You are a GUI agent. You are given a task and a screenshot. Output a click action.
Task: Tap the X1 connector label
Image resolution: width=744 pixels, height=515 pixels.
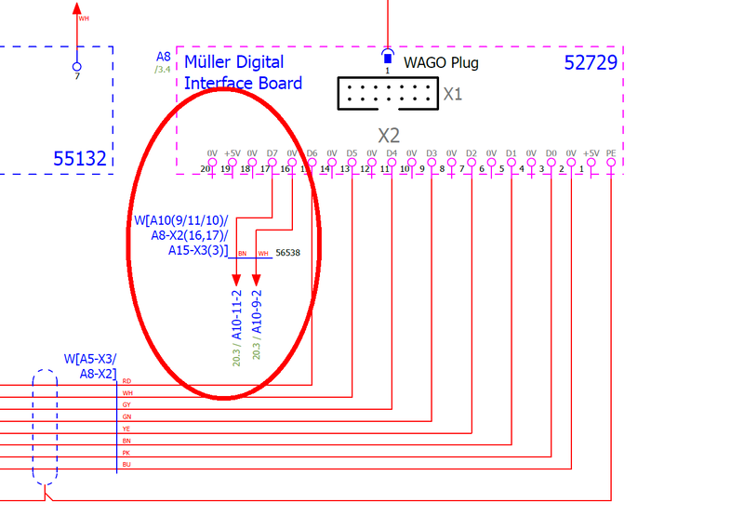click(x=453, y=94)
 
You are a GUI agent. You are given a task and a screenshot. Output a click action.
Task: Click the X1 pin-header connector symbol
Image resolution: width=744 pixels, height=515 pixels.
click(x=388, y=93)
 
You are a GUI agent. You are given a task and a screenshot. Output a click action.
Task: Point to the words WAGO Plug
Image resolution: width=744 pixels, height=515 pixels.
click(x=441, y=63)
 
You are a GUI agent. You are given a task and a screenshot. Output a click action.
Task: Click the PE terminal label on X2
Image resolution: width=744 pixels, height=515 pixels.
click(x=610, y=153)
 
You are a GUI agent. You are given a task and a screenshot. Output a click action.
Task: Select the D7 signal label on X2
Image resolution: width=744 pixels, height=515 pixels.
click(x=272, y=153)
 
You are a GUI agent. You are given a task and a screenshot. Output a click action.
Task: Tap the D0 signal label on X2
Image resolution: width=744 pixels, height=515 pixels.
click(x=551, y=153)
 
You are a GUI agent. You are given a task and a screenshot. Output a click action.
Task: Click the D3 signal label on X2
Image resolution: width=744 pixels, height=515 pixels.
click(x=432, y=153)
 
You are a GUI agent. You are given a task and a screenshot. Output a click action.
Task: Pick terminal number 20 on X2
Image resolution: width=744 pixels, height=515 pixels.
click(x=206, y=170)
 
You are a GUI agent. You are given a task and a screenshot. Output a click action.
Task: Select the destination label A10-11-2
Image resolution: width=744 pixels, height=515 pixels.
click(x=237, y=311)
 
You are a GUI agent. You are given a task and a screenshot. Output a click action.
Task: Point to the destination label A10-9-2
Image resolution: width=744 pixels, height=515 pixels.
click(x=258, y=311)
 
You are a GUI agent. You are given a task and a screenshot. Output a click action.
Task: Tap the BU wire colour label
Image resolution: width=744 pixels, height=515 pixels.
click(x=126, y=463)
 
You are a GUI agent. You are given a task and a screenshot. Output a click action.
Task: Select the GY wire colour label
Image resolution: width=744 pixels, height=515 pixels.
click(x=126, y=405)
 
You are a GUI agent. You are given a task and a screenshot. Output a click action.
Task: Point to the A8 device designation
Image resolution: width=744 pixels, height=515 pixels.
click(x=164, y=57)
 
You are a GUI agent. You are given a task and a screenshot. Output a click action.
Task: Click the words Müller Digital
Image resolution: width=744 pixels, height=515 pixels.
click(x=234, y=62)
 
